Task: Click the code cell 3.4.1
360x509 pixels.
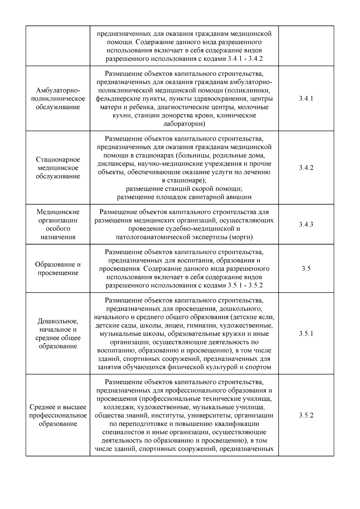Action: click(306, 99)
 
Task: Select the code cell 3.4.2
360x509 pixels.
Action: click(306, 168)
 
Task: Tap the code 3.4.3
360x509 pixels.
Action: click(306, 224)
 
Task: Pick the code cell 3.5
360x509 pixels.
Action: click(306, 268)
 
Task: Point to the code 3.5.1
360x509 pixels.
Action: click(306, 334)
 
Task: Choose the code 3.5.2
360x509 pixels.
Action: click(306, 415)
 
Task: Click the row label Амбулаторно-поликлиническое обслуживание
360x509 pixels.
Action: click(58, 99)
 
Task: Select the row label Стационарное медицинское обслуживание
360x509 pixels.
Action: click(58, 168)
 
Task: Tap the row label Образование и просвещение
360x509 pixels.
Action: click(58, 268)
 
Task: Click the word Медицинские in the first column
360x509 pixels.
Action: click(58, 212)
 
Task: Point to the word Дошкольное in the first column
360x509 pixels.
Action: click(58, 321)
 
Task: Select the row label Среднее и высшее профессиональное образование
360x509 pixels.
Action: click(58, 415)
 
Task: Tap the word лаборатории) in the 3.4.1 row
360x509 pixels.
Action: click(184, 124)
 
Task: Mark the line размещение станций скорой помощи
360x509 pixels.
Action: click(184, 189)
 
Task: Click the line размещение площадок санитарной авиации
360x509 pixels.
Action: click(184, 197)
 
